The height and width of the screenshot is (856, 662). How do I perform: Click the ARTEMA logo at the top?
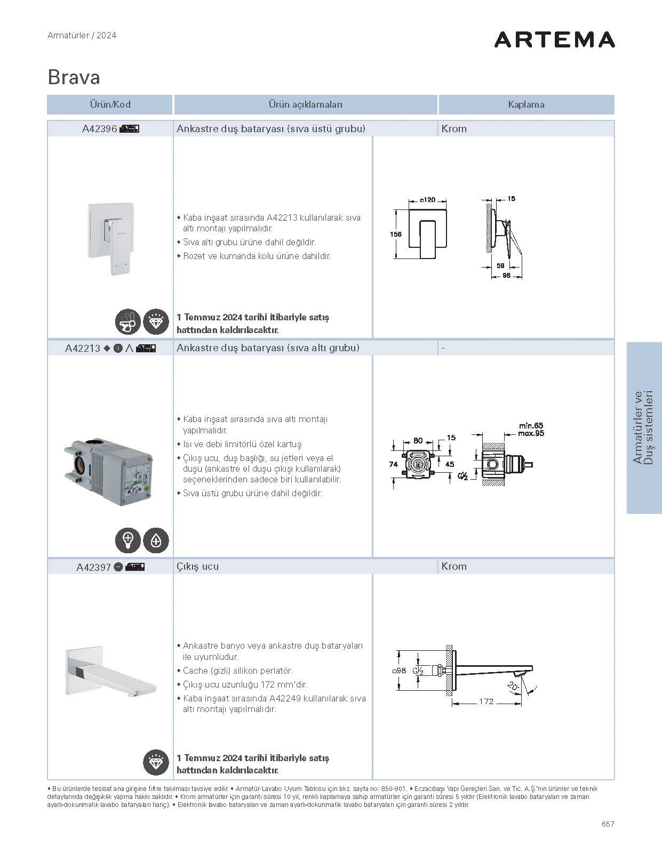[554, 39]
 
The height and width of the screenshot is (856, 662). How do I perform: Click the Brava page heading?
[74, 77]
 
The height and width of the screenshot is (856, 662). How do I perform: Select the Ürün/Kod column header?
[110, 104]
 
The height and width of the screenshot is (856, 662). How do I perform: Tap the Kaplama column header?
[526, 104]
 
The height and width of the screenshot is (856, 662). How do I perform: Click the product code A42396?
[100, 129]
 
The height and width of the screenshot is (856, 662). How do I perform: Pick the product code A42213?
[83, 349]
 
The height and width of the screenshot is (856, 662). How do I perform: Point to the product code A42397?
[93, 567]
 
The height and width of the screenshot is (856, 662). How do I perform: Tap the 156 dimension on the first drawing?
[396, 234]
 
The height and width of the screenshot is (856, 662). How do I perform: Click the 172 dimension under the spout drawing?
[486, 701]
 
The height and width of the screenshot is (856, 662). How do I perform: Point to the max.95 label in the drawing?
[531, 433]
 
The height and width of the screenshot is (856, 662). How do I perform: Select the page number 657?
[608, 823]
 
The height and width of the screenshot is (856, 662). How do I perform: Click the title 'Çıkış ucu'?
[197, 567]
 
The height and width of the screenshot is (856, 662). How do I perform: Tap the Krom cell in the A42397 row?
[454, 567]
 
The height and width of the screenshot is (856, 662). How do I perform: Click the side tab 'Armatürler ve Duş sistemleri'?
[644, 427]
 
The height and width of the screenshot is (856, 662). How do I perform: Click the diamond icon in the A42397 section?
[156, 763]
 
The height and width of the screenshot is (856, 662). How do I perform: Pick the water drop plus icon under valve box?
[156, 540]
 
